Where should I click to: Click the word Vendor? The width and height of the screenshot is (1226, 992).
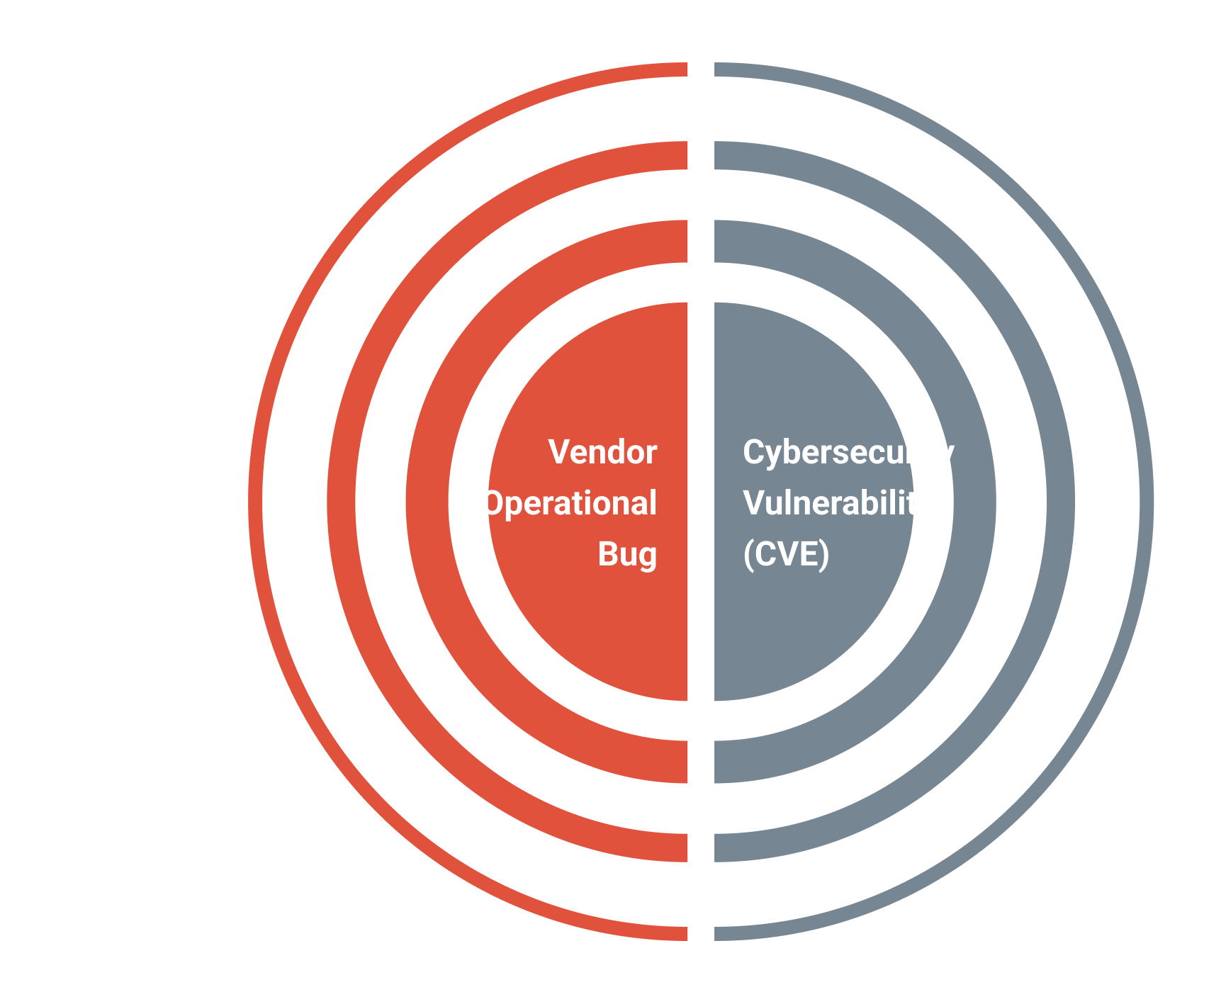(x=602, y=452)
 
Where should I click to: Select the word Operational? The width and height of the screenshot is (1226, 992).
(x=569, y=503)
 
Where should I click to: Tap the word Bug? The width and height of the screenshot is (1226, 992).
(x=627, y=554)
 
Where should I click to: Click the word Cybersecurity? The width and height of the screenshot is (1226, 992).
(x=848, y=452)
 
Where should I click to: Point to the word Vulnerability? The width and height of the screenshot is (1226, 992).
(x=838, y=503)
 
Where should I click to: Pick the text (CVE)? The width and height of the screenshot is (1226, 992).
(x=786, y=554)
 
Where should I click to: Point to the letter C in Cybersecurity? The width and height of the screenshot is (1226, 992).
(x=753, y=452)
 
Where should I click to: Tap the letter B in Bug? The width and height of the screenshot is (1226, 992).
(x=608, y=554)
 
